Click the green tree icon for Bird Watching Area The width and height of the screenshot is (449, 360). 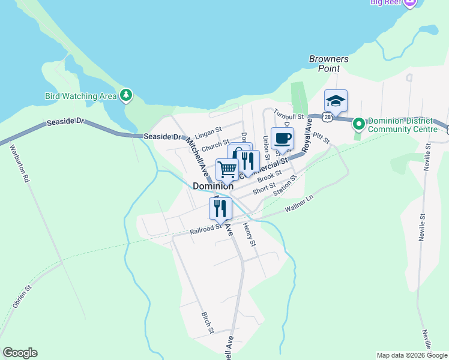point(125,95)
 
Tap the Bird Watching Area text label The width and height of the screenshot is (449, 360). point(81,96)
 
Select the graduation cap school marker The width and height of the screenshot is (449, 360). point(336,101)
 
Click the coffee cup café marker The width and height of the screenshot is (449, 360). point(282,139)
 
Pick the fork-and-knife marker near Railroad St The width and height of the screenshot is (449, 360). point(220,208)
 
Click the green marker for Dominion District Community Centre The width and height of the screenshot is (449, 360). point(359,124)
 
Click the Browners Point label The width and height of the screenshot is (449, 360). point(328,64)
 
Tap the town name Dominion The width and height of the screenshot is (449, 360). point(213,186)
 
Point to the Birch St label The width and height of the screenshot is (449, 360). point(207,322)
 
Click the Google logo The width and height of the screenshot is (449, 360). point(20,353)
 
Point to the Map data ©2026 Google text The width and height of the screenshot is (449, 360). point(411,355)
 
